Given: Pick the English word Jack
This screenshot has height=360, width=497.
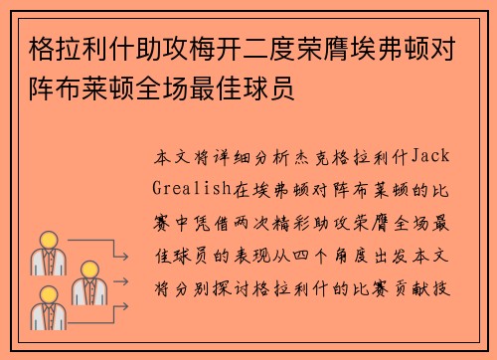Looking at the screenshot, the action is point(430,156).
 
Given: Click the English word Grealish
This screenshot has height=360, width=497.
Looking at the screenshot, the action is point(192,188).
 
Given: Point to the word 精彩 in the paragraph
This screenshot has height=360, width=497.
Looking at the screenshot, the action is point(291,223).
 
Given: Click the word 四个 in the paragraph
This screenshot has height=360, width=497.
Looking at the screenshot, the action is point(311,257).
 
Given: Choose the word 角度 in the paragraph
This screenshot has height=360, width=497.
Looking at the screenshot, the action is point(351,257).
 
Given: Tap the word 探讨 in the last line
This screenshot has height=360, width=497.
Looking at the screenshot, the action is point(232,288).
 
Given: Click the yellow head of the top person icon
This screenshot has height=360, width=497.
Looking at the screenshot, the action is point(49,240).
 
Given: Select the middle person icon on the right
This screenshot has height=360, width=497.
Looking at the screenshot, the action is point(89,282).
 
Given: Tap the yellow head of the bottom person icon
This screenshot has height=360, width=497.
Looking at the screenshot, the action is point(49,294).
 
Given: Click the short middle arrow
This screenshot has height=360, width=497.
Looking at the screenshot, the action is point(120,281).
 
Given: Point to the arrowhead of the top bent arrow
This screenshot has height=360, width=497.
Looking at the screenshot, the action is point(125,257).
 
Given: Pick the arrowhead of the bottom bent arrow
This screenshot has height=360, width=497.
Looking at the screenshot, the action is point(125,306).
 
